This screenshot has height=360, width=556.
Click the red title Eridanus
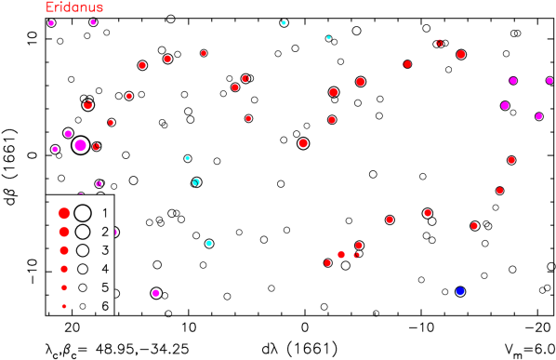point(74,7)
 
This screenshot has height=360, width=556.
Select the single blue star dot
point(460,291)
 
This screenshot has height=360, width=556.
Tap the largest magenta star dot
point(80,145)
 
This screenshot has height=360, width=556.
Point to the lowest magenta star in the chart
point(156,293)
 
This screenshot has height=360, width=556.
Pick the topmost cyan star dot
point(284,22)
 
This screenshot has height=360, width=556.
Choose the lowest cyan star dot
point(208,243)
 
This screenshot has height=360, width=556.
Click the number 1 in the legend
point(105,213)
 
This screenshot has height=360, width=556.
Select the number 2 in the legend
point(105,232)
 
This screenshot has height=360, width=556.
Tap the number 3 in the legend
point(105,250)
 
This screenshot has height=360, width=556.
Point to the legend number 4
point(105,269)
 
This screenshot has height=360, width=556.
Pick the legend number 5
point(105,287)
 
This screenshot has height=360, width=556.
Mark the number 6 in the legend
point(105,306)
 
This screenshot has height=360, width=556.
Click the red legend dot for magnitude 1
point(64,213)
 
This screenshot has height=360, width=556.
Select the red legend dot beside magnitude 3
point(64,250)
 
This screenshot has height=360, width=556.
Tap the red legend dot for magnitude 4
point(64,269)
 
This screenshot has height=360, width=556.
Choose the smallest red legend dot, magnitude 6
point(64,306)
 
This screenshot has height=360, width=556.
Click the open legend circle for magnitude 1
point(83,213)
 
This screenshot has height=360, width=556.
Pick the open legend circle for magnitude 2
point(83,232)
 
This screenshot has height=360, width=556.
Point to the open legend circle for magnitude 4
point(83,269)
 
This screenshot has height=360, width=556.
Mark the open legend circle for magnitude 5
point(83,287)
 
